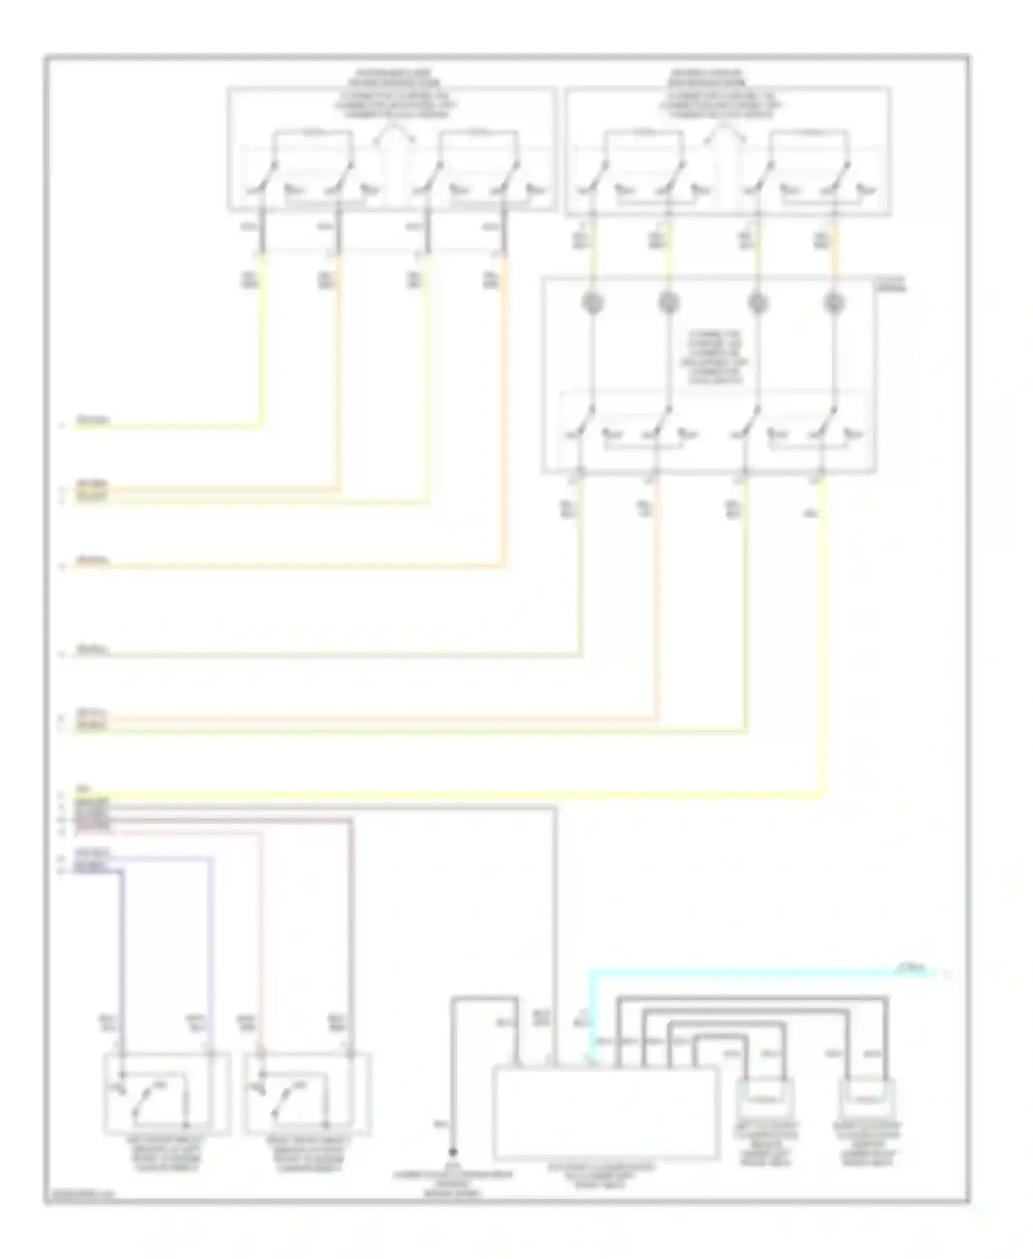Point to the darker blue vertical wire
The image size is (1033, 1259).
pyautogui.click(x=123, y=964)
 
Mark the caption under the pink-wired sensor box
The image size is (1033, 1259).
pyautogui.click(x=307, y=1153)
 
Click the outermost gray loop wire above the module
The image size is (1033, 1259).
pyautogui.click(x=751, y=997)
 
